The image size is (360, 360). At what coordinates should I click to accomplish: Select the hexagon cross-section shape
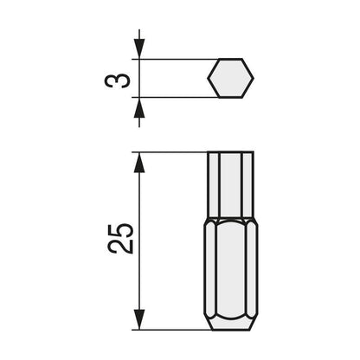(x=230, y=79)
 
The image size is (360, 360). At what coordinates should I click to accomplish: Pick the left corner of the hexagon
(x=208, y=79)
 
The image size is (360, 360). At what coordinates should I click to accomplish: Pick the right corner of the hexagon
(x=253, y=79)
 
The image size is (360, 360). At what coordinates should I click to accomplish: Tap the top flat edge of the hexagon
(x=230, y=60)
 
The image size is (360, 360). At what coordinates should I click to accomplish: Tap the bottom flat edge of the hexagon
(x=230, y=98)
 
